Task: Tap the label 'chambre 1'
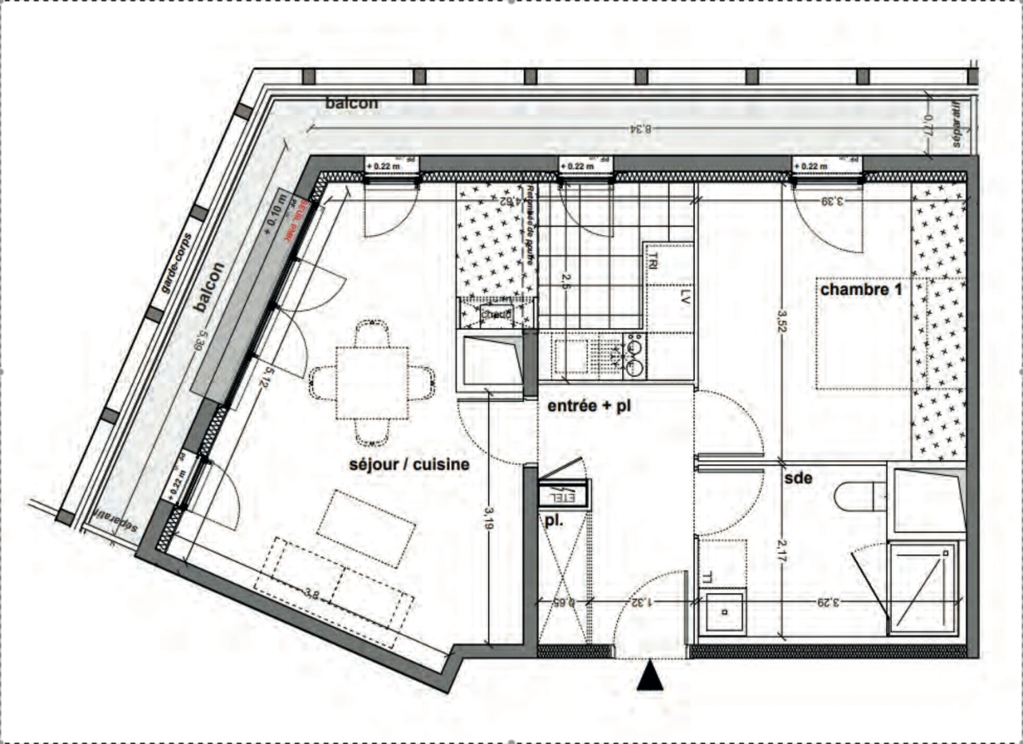[x=860, y=289]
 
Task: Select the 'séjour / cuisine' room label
[x=409, y=464]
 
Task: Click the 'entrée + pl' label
[x=589, y=406]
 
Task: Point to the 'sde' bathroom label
[x=798, y=477]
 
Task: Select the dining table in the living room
[x=372, y=382]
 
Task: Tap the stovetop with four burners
[x=634, y=356]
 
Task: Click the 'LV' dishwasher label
[x=685, y=297]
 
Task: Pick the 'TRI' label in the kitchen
[x=652, y=261]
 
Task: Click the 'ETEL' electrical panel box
[x=564, y=494]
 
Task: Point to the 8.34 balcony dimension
[x=641, y=128]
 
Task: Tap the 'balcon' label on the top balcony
[x=351, y=103]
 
